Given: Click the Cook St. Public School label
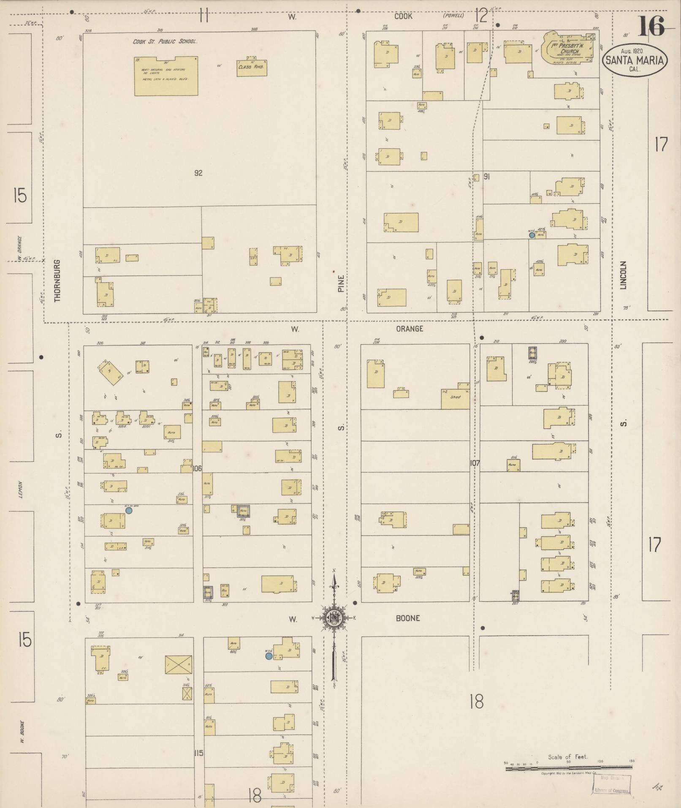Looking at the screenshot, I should pyautogui.click(x=165, y=42).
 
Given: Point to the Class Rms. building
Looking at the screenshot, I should pyautogui.click(x=252, y=68).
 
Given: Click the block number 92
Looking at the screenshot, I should pyautogui.click(x=198, y=173).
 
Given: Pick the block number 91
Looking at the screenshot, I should pyautogui.click(x=486, y=177).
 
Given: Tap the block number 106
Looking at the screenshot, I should pyautogui.click(x=197, y=468).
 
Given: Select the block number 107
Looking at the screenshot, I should pyautogui.click(x=475, y=463).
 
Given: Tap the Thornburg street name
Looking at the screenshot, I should pyautogui.click(x=58, y=280).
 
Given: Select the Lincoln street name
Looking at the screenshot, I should pyautogui.click(x=624, y=275).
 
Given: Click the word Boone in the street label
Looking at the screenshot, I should pyautogui.click(x=408, y=618).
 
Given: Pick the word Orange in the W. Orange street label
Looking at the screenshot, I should pyautogui.click(x=410, y=329).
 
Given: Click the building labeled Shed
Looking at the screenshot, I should pyautogui.click(x=455, y=397).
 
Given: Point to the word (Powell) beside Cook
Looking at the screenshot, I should pyautogui.click(x=453, y=16).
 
